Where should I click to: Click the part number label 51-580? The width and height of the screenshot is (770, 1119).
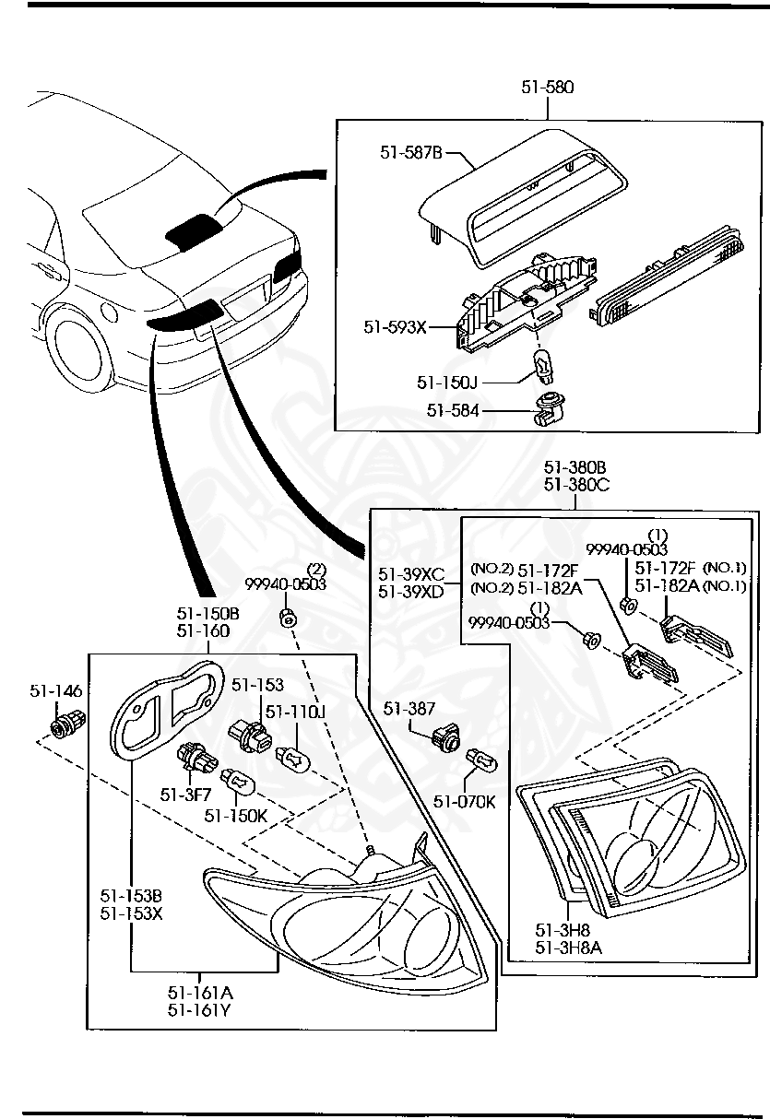click(x=547, y=88)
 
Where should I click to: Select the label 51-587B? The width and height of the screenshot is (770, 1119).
click(x=411, y=152)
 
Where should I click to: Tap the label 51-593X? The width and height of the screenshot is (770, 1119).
click(x=395, y=326)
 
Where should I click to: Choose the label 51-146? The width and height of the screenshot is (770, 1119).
click(x=55, y=690)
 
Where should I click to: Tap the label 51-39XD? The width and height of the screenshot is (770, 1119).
click(x=411, y=590)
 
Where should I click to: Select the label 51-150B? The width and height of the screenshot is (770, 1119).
click(x=207, y=615)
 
